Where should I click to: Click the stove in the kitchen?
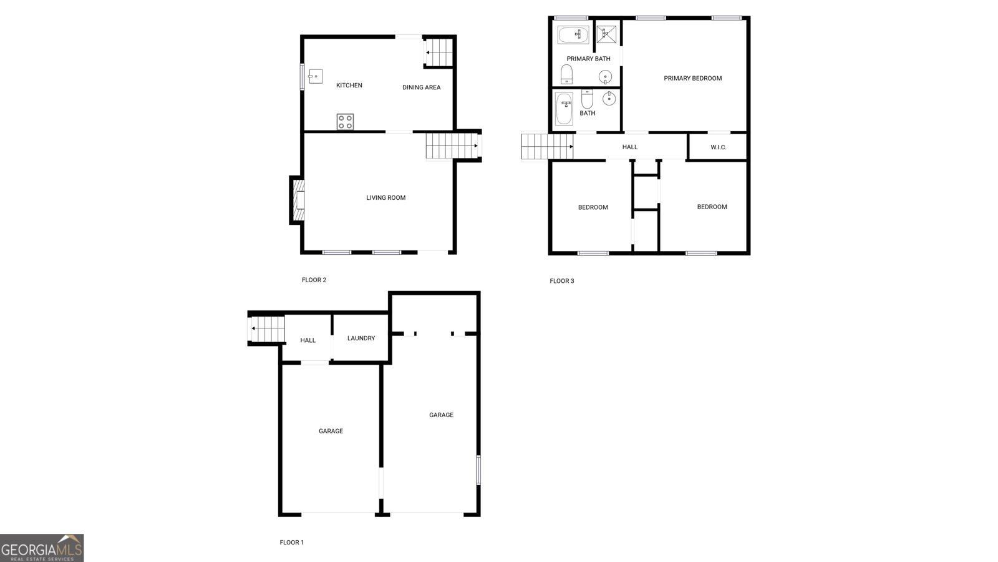tap(345, 122)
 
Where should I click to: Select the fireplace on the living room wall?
tap(298, 200)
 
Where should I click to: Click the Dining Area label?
tap(421, 87)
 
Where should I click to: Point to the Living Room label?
tap(385, 198)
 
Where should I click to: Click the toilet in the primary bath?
tap(566, 74)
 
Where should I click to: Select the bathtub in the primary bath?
tap(573, 35)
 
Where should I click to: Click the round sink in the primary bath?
tap(605, 77)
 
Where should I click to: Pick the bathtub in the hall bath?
tap(564, 109)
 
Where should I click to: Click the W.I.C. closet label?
tap(718, 147)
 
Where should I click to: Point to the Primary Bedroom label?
tap(692, 79)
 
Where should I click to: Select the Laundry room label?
tap(361, 338)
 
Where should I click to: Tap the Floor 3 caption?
tap(561, 281)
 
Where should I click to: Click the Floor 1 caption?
tap(291, 543)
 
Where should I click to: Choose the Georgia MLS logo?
tap(42, 548)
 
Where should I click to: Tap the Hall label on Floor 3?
tap(630, 147)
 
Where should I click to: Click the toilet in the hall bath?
tap(587, 99)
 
